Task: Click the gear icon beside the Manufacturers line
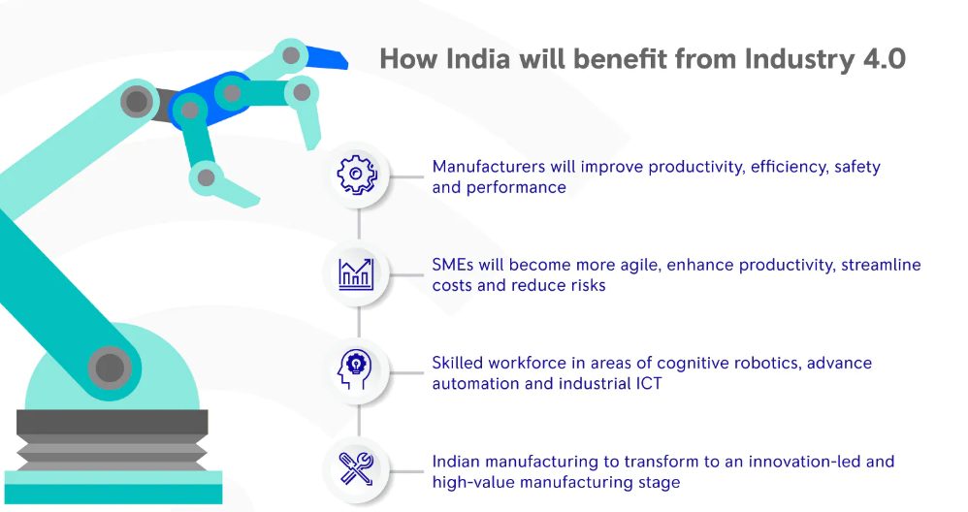coord(357,175)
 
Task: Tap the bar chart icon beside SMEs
coord(356,274)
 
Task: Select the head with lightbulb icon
coord(355,369)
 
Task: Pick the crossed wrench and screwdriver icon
coord(356,468)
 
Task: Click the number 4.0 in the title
coord(884,59)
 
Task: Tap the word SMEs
coord(453,265)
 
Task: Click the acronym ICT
coord(649,383)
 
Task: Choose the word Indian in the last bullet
coord(454,462)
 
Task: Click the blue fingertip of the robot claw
coord(327,57)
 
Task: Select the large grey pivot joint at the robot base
coord(110,368)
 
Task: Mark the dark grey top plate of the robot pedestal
coord(112,422)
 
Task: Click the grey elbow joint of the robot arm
coord(137,101)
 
